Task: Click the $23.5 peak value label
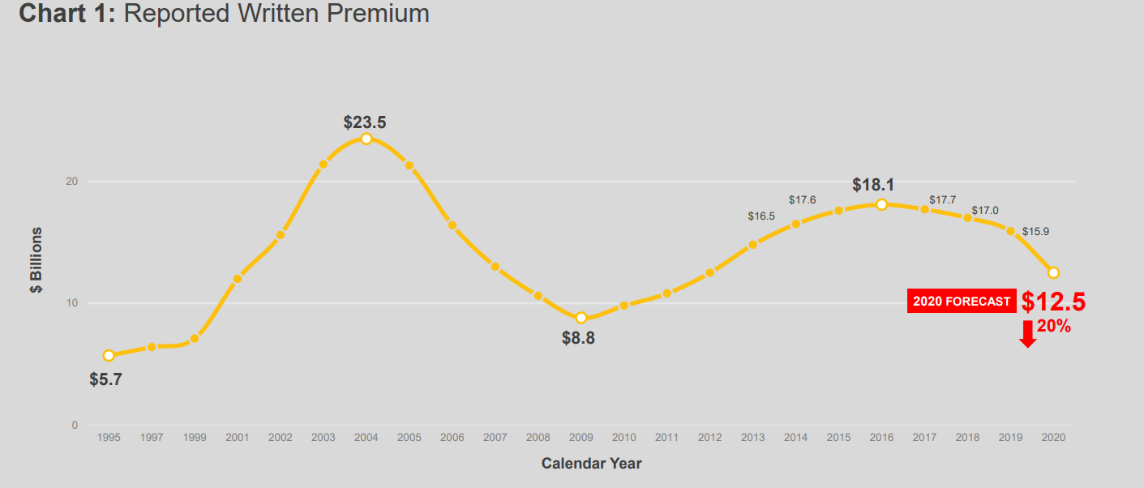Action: pyautogui.click(x=365, y=122)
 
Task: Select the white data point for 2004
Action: pyautogui.click(x=366, y=139)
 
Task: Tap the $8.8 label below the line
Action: pyautogui.click(x=578, y=339)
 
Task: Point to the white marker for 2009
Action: pyautogui.click(x=581, y=318)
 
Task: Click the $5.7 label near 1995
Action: pyautogui.click(x=105, y=379)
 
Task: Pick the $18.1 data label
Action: pyautogui.click(x=873, y=185)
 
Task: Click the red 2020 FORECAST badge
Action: pyautogui.click(x=962, y=302)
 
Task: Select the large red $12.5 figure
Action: pyautogui.click(x=1053, y=302)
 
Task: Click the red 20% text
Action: pyautogui.click(x=1054, y=327)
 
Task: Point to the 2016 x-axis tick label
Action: pyautogui.click(x=881, y=438)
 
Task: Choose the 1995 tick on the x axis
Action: pyautogui.click(x=109, y=438)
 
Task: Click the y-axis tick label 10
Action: pyautogui.click(x=71, y=303)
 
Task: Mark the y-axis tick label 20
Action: pyautogui.click(x=71, y=182)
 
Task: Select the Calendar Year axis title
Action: pyautogui.click(x=591, y=464)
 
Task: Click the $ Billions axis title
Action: pyautogui.click(x=37, y=259)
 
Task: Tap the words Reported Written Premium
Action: pyautogui.click(x=276, y=14)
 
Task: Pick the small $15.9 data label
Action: pyautogui.click(x=1035, y=232)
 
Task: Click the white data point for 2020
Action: pyautogui.click(x=1053, y=272)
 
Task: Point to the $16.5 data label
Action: pyautogui.click(x=761, y=216)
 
